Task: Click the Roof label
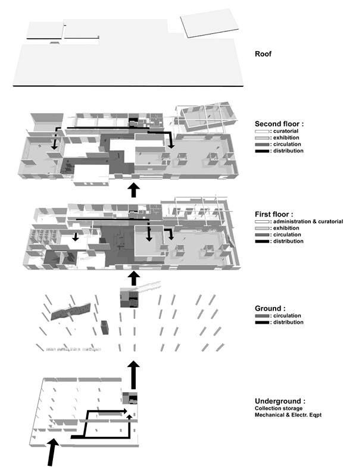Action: (263, 54)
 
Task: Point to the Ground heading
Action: (268, 308)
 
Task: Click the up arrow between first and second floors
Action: (135, 189)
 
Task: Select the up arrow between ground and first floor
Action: (135, 277)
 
